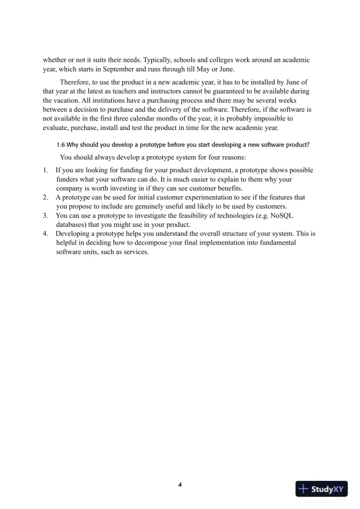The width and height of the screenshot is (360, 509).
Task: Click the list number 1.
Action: pyautogui.click(x=45, y=171)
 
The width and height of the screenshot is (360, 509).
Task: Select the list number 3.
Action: pyautogui.click(x=45, y=216)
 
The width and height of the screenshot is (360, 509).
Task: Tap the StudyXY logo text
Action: pyautogui.click(x=328, y=488)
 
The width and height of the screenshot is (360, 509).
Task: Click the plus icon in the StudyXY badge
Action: pyautogui.click(x=304, y=488)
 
